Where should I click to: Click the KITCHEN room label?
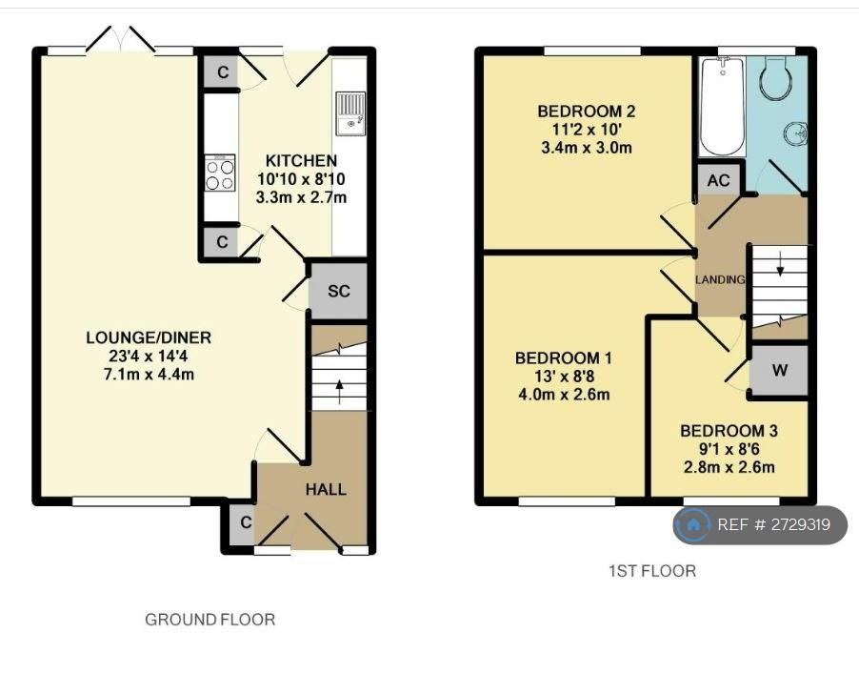tap(301, 161)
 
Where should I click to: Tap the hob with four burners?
tap(220, 174)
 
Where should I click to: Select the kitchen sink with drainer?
tap(350, 113)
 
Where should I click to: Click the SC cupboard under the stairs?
tap(338, 291)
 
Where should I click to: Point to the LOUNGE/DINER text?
tap(149, 337)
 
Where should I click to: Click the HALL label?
tap(326, 489)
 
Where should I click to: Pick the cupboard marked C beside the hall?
tap(242, 522)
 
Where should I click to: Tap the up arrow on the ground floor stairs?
tap(339, 391)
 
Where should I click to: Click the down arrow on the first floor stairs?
tap(780, 267)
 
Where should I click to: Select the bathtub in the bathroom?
tap(723, 106)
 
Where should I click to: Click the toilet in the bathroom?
tap(776, 78)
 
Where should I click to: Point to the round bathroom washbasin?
tap(795, 133)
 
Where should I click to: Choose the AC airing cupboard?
tap(719, 180)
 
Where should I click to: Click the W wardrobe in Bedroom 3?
tap(780, 370)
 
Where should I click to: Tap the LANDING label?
tap(720, 279)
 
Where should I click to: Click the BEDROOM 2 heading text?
tap(587, 112)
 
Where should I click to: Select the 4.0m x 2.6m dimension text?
tap(564, 395)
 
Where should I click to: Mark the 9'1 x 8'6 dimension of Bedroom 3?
tap(729, 449)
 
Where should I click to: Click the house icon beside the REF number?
tap(693, 525)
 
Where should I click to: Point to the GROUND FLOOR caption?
tap(210, 620)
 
